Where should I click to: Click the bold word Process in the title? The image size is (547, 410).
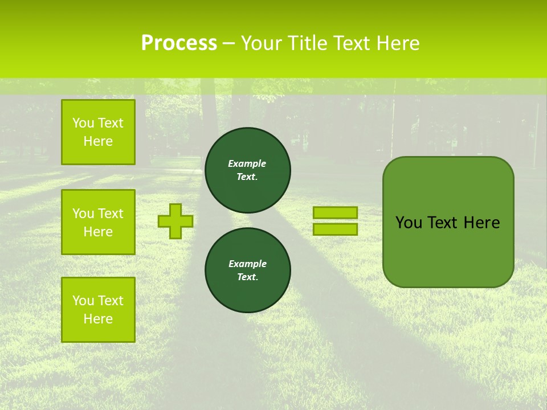(179, 43)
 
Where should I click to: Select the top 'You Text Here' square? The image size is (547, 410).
(98, 132)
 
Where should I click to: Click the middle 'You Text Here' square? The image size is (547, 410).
(98, 222)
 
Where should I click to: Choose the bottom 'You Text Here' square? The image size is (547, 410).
(98, 310)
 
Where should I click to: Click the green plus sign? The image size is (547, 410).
(175, 221)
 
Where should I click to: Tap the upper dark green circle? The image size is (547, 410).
(247, 170)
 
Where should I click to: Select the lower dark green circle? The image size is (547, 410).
(247, 270)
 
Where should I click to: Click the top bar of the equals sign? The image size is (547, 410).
(335, 212)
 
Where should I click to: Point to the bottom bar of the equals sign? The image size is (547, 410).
(335, 229)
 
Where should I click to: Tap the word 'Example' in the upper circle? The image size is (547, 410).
(247, 163)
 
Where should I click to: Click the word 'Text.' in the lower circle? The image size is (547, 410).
(247, 277)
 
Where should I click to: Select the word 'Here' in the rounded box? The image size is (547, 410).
(481, 223)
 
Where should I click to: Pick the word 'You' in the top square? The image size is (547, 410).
(83, 123)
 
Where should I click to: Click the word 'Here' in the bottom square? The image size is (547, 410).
(98, 319)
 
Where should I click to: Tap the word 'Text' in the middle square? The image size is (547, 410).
(111, 214)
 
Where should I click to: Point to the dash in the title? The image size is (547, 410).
(228, 43)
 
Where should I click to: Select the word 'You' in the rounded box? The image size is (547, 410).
(409, 223)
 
